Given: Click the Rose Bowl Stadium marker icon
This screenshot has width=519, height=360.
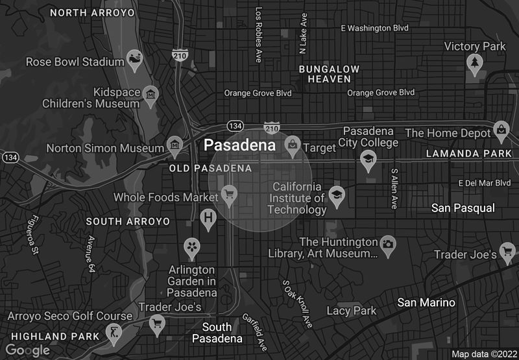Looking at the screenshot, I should pos(136,59).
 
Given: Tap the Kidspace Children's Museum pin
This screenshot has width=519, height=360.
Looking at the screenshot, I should pos(151,95).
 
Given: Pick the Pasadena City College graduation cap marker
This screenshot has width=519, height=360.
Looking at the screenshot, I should pos(368,159).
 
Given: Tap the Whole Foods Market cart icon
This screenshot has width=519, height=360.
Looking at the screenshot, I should pos(228,193).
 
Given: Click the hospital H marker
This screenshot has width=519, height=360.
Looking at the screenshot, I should pos(208,217).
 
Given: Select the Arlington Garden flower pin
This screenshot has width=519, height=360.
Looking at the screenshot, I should pos(191,246).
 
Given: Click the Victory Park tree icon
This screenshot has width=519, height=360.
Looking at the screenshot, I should pos(476,62).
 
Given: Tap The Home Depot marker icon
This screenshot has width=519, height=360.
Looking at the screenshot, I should pos(501,129).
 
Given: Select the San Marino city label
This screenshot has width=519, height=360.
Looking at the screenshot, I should pos(426,303).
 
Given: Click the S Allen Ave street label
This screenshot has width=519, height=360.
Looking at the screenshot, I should pos(393,189).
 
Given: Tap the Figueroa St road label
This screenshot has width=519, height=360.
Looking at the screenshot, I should pos(32,235).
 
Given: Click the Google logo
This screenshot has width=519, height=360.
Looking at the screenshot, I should pos(27,350).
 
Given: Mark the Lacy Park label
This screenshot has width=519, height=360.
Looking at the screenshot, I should pos(351,311).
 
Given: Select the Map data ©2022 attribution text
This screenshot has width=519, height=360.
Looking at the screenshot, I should pos(483,354).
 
